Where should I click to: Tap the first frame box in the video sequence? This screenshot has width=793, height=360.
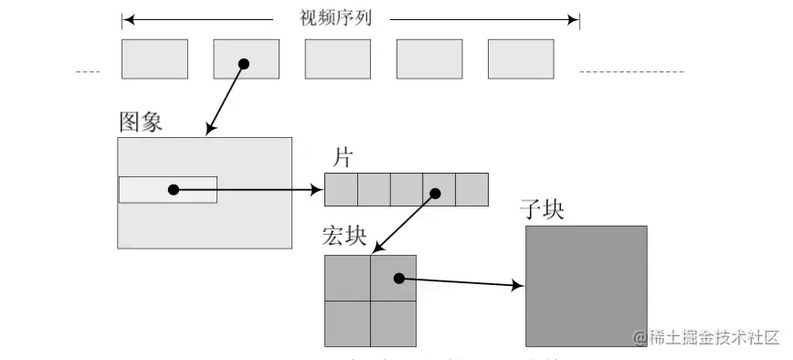154,58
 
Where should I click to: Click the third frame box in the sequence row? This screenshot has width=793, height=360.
337,58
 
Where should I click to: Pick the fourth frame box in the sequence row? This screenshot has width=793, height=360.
428,58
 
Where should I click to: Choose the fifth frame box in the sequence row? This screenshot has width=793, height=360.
521,58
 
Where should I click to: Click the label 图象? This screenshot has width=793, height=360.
141,122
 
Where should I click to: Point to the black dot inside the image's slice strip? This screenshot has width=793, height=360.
173,189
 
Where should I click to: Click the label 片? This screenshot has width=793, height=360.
343,157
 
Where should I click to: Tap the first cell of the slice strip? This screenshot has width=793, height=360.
341,189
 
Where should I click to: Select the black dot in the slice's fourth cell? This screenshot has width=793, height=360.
436,193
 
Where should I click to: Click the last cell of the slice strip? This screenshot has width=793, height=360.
471,189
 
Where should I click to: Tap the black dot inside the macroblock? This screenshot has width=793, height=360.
398,279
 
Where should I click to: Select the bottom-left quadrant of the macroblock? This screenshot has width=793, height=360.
347,323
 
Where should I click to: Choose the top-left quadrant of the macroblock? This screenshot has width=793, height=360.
347,278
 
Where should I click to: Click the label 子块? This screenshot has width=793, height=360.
541,209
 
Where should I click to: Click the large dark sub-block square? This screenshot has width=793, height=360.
586,286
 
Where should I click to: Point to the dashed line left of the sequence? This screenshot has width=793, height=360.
88,71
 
